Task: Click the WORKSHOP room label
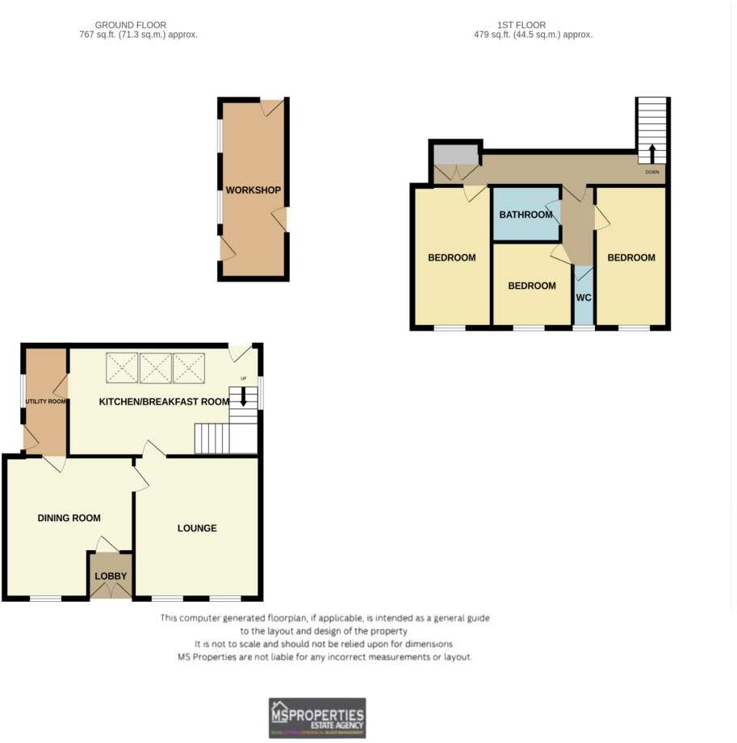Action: pos(253,190)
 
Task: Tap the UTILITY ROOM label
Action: pos(45,401)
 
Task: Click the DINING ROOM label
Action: pos(69,518)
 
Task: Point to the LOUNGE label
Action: pos(197,528)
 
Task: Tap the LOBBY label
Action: pos(111,576)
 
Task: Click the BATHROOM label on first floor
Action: pos(526,215)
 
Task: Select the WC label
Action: pos(584,298)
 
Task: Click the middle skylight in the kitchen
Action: pos(156,368)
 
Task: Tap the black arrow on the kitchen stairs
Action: pos(243,397)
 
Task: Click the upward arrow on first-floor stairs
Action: pos(652,153)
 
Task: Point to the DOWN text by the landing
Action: pos(652,173)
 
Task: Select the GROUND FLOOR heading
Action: pos(130,26)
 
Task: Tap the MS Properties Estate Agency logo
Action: pos(316,717)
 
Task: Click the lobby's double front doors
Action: pos(111,592)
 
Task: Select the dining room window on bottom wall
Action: pos(45,599)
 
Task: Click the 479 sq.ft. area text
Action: pos(533,35)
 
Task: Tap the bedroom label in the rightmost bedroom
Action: pos(631,258)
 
